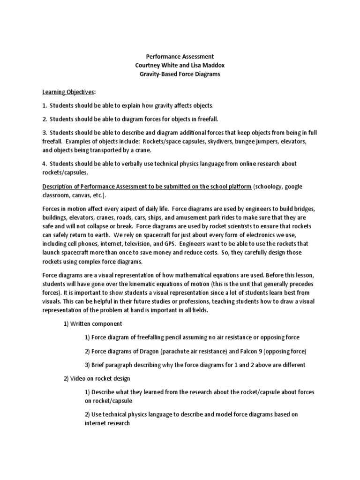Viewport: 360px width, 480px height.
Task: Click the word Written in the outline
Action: [83, 323]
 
